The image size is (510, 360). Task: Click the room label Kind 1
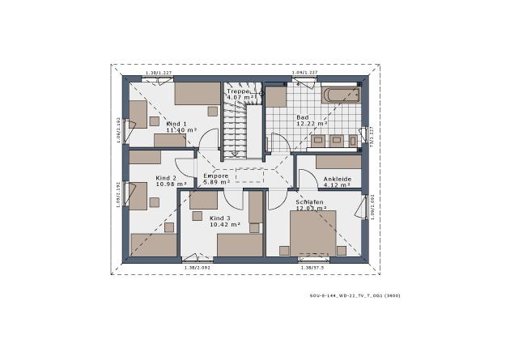pos(176,123)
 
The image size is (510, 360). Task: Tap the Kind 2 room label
pos(166,176)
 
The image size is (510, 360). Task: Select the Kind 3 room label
pos(220,218)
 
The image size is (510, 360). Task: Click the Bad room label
pos(302,117)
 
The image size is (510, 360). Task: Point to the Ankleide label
pos(336,178)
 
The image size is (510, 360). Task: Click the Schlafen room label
pos(310,201)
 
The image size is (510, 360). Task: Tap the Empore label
pos(216,176)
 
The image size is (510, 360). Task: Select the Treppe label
pos(238,92)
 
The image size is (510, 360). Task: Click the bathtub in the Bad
pos(341,95)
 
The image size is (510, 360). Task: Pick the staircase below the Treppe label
pos(235,129)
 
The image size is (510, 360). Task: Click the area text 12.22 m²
pos(311,124)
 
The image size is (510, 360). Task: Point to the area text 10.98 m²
pos(171,184)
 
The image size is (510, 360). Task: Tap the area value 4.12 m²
pos(336,185)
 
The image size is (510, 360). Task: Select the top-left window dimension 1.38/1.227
pos(159,74)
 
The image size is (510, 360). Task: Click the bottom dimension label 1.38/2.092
pos(198,267)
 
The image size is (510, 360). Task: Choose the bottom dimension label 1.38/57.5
pos(312,267)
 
